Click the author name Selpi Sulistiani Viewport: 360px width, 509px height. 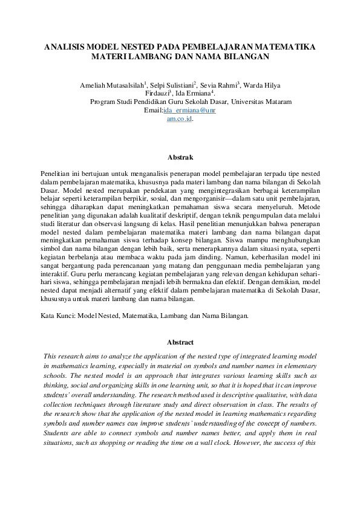(x=176, y=86)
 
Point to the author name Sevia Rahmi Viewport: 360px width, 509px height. (x=220, y=86)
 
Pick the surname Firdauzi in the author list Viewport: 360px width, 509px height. (x=159, y=94)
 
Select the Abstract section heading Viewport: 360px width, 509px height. (x=180, y=342)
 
